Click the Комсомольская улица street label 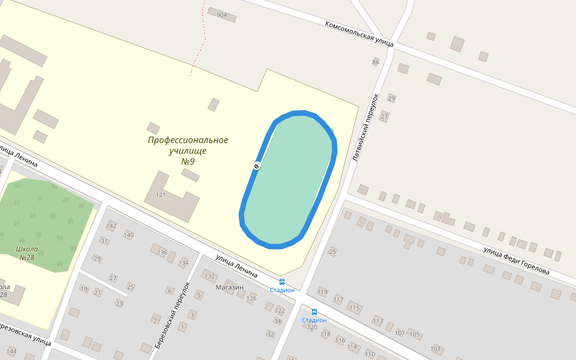[359, 34]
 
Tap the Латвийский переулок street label [365, 127]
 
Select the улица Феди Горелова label [517, 261]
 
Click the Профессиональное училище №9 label [188, 151]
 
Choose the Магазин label [230, 287]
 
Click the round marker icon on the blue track [256, 166]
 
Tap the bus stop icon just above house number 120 [314, 311]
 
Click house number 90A [223, 15]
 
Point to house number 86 [376, 62]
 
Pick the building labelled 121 [160, 195]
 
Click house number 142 [111, 226]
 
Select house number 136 [162, 252]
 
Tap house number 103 [436, 349]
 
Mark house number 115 [354, 308]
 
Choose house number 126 [251, 298]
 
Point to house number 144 [11, 350]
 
